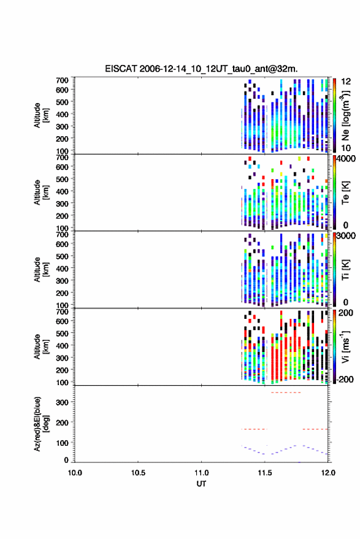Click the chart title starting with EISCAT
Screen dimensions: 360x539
point(201,69)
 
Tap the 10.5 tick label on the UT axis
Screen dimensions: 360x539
point(138,473)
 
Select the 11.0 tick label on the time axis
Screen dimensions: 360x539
point(201,473)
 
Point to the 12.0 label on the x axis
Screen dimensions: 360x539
point(327,473)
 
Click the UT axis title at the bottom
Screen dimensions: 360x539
point(202,484)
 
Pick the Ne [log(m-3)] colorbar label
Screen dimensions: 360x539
point(345,116)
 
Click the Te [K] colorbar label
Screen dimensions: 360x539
point(345,193)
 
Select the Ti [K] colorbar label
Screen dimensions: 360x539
point(345,270)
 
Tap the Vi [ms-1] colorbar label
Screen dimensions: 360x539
point(345,346)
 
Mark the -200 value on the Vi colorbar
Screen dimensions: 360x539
point(344,379)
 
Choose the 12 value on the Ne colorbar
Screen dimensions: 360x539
point(346,82)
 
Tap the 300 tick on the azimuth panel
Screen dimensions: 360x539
point(62,402)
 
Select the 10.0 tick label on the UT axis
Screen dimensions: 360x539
point(75,473)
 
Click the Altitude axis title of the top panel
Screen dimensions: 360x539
point(41,115)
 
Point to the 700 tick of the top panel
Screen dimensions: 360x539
point(62,80)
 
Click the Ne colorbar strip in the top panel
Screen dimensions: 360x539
point(334,115)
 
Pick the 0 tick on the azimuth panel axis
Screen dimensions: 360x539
point(66,460)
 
